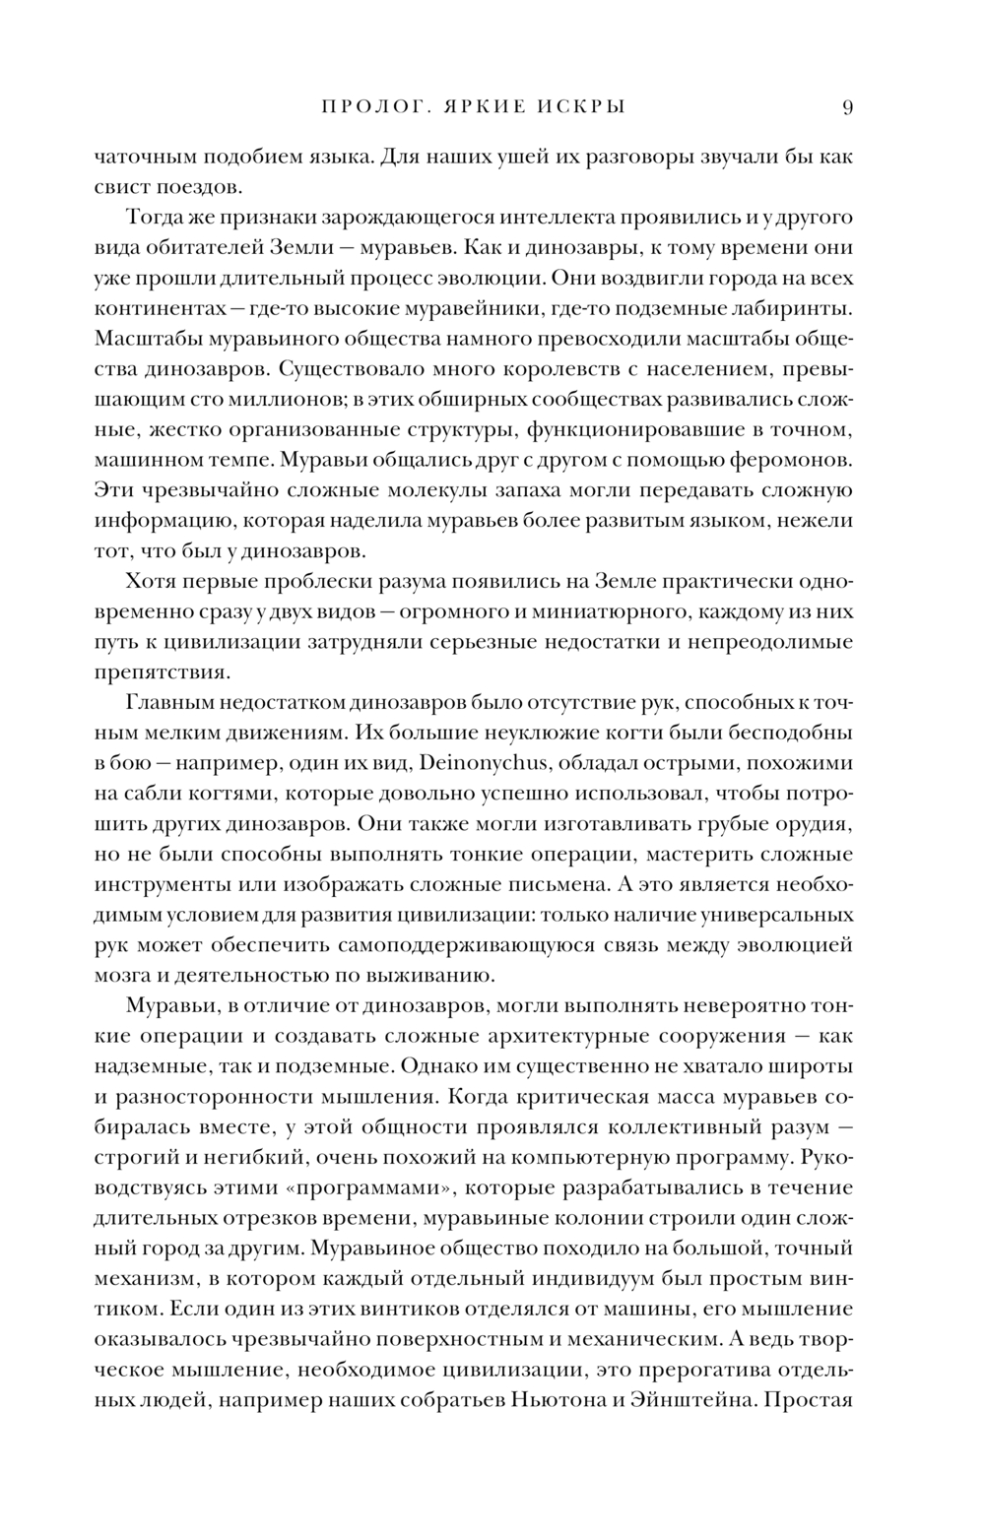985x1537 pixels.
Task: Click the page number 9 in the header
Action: pyautogui.click(x=847, y=107)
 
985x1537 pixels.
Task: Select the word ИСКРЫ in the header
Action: pyautogui.click(x=581, y=107)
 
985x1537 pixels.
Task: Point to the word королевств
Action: pyautogui.click(x=511, y=369)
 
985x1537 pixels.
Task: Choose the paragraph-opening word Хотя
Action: pyautogui.click(x=150, y=581)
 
